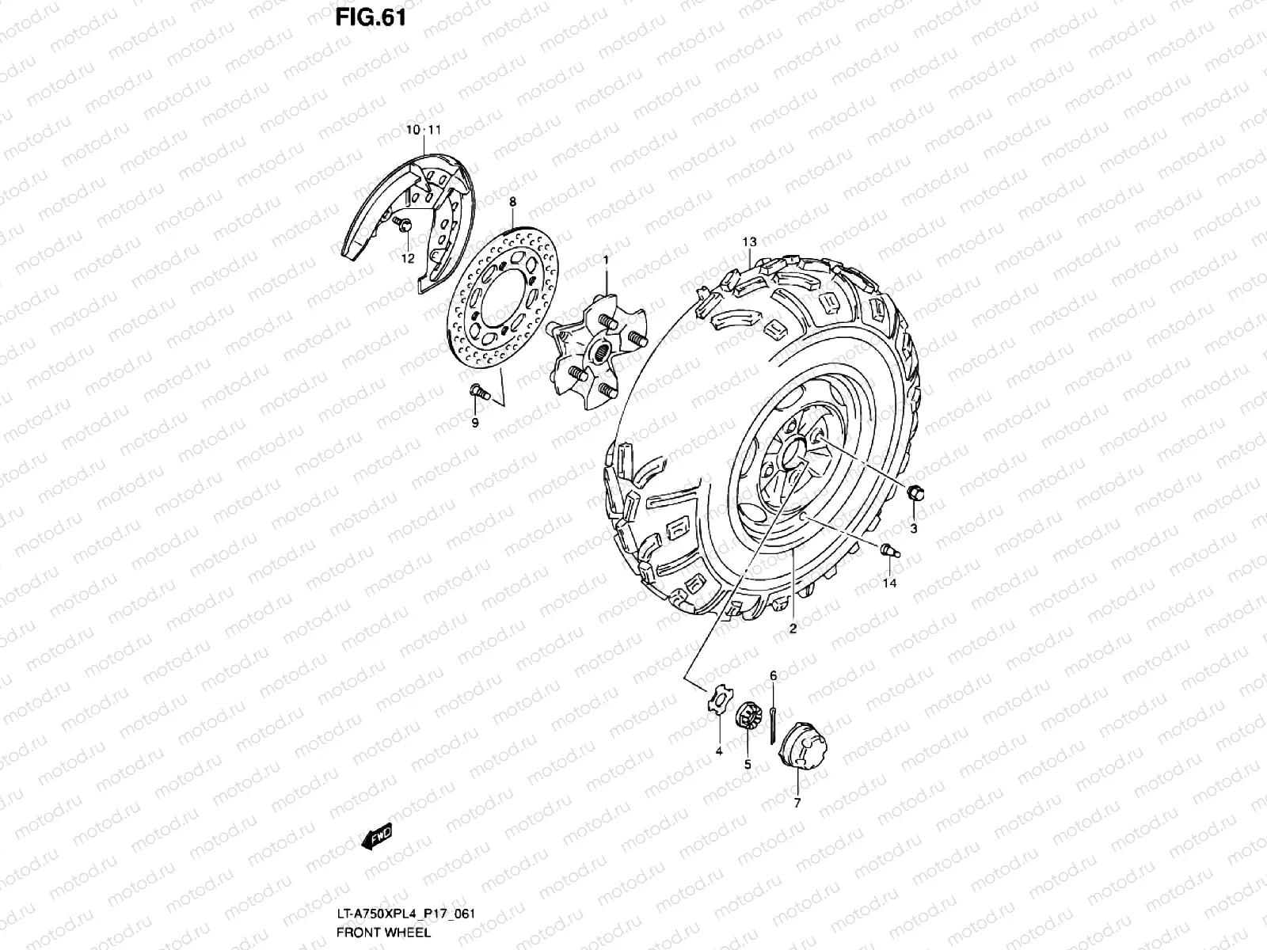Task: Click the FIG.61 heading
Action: tap(371, 17)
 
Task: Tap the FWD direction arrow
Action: tap(377, 836)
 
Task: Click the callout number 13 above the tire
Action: tap(749, 241)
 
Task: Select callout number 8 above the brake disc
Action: tap(512, 202)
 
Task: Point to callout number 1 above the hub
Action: tap(606, 260)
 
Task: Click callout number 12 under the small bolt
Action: tap(408, 258)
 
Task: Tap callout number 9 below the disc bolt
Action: tap(475, 423)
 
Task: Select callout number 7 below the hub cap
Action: tap(797, 803)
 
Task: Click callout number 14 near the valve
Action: tap(889, 583)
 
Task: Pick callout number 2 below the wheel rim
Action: tap(793, 629)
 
